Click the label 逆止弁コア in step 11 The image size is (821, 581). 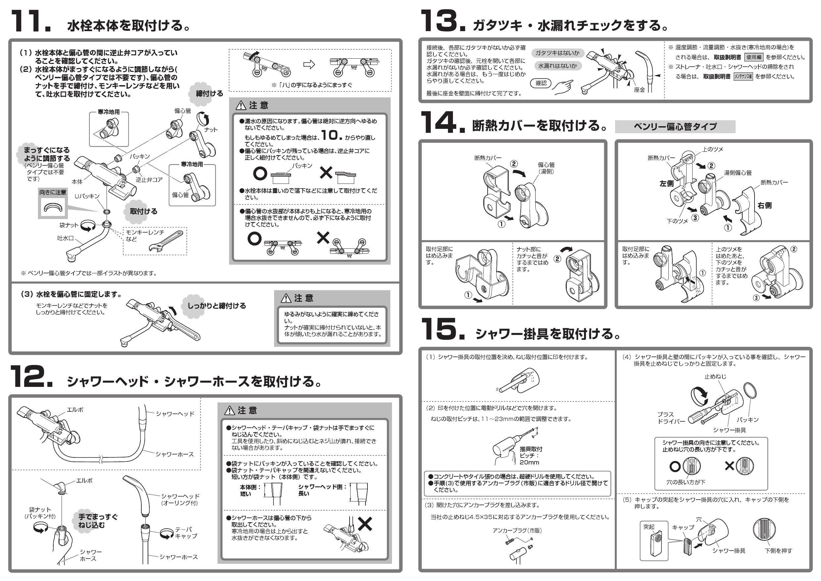pos(149,180)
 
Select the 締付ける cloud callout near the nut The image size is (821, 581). pos(209,93)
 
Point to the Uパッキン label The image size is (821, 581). pos(87,196)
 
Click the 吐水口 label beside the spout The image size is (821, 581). pos(66,238)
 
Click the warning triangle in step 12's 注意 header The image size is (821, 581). pos(231,410)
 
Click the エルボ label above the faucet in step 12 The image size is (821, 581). pos(75,410)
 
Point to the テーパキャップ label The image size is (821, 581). pos(186,533)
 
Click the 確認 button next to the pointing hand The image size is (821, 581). pos(541,83)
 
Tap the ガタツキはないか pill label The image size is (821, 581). pos(557,53)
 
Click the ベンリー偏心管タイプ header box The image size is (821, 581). pos(675,127)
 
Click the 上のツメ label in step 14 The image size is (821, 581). pos(712,149)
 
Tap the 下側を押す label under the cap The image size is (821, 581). pos(778,551)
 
